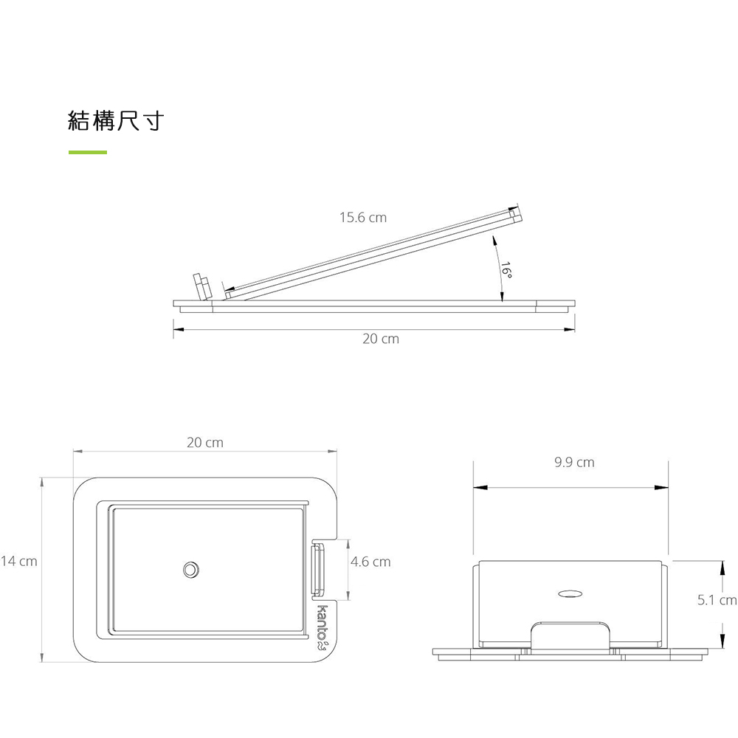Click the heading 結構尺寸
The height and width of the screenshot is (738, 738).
coord(116,121)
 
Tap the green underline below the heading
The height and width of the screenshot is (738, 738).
coord(88,152)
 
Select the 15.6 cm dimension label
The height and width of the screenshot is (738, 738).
coord(363,218)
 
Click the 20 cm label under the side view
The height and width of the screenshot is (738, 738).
coord(381,339)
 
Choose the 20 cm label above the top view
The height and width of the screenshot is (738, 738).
coord(204,442)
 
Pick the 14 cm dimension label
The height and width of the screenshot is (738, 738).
coord(19,561)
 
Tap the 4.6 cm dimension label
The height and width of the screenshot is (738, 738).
coord(370,562)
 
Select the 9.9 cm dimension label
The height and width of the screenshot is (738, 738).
coord(574,462)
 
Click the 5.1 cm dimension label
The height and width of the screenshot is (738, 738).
coord(717,599)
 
